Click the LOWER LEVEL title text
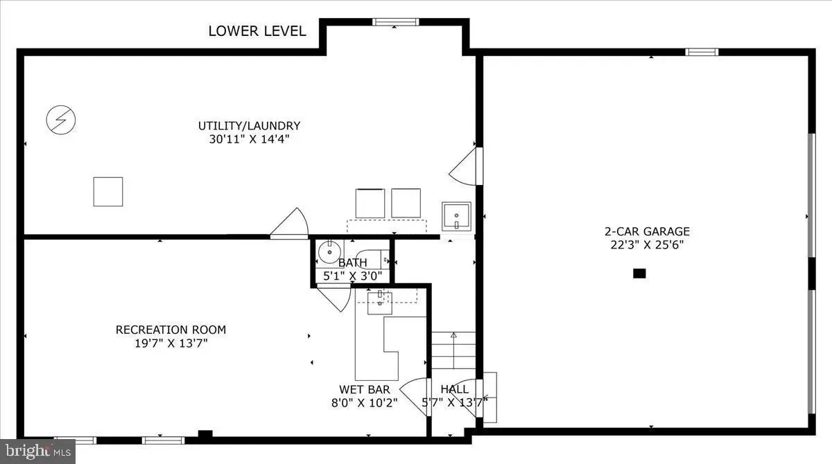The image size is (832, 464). [x=257, y=31]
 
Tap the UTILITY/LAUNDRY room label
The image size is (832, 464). [x=249, y=126]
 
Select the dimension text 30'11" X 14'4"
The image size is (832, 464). [x=249, y=139]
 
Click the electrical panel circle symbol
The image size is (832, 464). [x=61, y=120]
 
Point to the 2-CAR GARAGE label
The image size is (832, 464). [x=647, y=231]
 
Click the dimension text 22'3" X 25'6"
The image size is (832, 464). [x=647, y=244]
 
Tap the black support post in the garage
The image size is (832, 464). [x=639, y=274]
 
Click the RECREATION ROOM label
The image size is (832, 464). [x=171, y=330]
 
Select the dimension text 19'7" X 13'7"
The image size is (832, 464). [x=171, y=343]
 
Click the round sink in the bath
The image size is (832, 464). [x=329, y=252]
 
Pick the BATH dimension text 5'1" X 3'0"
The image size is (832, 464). [x=352, y=276]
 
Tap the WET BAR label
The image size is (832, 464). [x=365, y=389]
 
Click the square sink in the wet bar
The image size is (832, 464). [x=380, y=303]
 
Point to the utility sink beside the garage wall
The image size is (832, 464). [x=456, y=216]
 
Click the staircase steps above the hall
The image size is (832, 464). [x=453, y=350]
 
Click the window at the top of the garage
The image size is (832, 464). [x=702, y=52]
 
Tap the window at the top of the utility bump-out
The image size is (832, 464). [x=396, y=22]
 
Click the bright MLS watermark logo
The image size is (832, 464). [x=38, y=452]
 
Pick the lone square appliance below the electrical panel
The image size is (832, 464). [x=108, y=192]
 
